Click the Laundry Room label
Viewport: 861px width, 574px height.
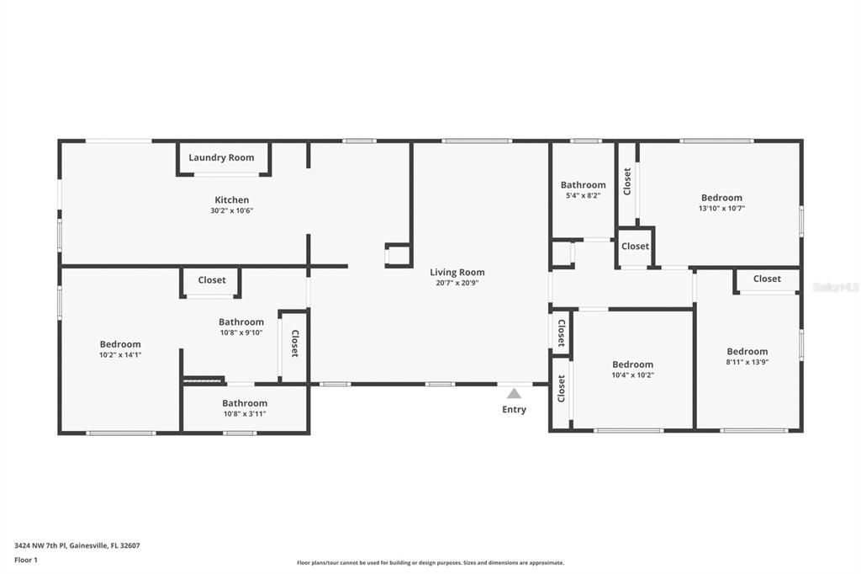point(221,157)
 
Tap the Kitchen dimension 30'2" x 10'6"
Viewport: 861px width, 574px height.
point(231,210)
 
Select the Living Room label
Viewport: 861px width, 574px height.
point(457,272)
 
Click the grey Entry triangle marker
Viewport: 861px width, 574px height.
point(514,393)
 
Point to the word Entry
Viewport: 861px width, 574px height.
point(514,410)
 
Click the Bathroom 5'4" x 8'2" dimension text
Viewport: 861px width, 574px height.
point(583,195)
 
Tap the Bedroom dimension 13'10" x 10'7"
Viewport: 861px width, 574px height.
point(721,208)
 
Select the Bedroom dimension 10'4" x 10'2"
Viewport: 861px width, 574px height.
point(632,375)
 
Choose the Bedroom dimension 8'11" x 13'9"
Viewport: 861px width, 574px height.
point(747,362)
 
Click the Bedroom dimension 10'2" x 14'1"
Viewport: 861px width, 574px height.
point(120,354)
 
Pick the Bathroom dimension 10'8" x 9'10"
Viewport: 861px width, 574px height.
point(241,332)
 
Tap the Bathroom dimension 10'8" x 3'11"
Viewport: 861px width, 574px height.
point(245,413)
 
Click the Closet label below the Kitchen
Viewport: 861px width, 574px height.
point(212,279)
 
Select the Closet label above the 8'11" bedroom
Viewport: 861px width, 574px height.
point(767,279)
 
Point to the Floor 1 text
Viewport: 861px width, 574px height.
point(28,560)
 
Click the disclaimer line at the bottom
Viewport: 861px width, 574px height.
point(430,563)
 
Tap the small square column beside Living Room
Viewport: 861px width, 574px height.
point(397,255)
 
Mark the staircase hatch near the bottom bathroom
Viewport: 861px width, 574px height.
point(203,380)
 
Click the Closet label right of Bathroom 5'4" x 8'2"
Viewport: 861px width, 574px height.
point(627,181)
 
